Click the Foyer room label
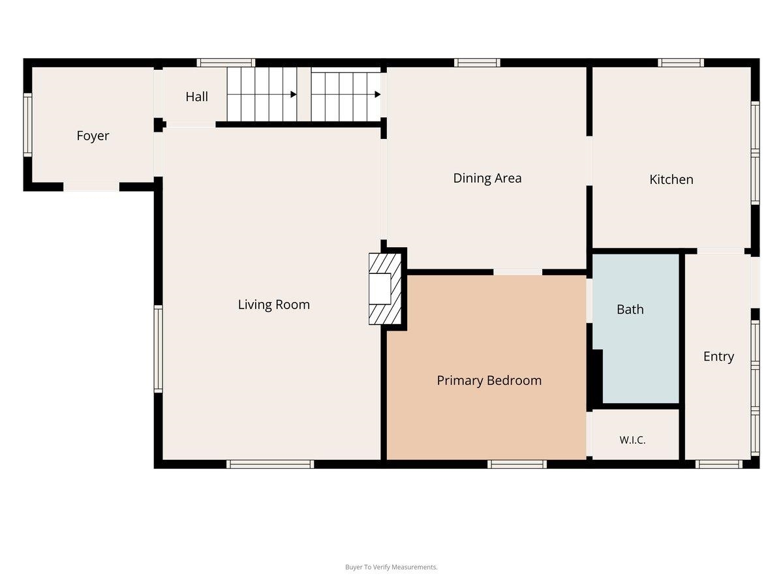pos(93,136)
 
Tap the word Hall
pos(196,97)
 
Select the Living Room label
pos(273,305)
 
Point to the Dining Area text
pos(487,178)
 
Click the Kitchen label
pos(671,179)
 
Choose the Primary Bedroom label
pos(489,381)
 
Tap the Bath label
pos(630,309)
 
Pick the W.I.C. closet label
pos(632,440)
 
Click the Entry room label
pos(718,357)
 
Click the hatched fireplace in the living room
pos(385,289)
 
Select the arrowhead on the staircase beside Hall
pos(294,95)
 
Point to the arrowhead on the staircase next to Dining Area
pos(377,95)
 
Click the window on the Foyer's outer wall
pos(28,125)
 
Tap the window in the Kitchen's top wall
pos(681,63)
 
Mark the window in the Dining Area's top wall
pos(477,63)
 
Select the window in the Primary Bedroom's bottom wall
pos(517,464)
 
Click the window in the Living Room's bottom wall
pos(270,464)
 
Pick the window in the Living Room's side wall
pos(159,349)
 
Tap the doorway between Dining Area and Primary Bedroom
pos(517,272)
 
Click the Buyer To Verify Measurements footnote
pos(391,567)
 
